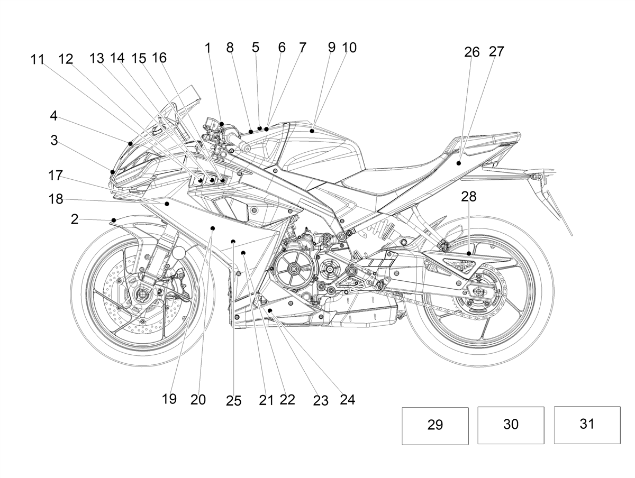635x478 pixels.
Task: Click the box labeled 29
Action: [435, 426]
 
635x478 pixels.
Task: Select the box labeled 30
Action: [511, 425]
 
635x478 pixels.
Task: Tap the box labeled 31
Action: [587, 425]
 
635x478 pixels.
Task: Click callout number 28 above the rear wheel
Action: [469, 197]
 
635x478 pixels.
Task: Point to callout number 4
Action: [53, 116]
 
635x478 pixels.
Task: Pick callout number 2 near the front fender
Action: [75, 219]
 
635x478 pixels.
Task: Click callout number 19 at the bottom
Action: [169, 399]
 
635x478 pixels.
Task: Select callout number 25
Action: [233, 401]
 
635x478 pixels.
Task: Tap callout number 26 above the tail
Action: [472, 52]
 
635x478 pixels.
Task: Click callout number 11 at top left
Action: [38, 60]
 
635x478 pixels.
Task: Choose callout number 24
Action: [347, 400]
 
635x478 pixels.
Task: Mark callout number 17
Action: [56, 176]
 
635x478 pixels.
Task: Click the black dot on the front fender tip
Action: [114, 220]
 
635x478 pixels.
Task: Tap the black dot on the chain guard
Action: [469, 253]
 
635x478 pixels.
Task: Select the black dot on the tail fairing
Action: [459, 163]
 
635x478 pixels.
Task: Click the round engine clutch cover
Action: [293, 269]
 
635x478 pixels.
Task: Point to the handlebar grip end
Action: [247, 149]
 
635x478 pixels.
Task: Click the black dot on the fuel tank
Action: [312, 131]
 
